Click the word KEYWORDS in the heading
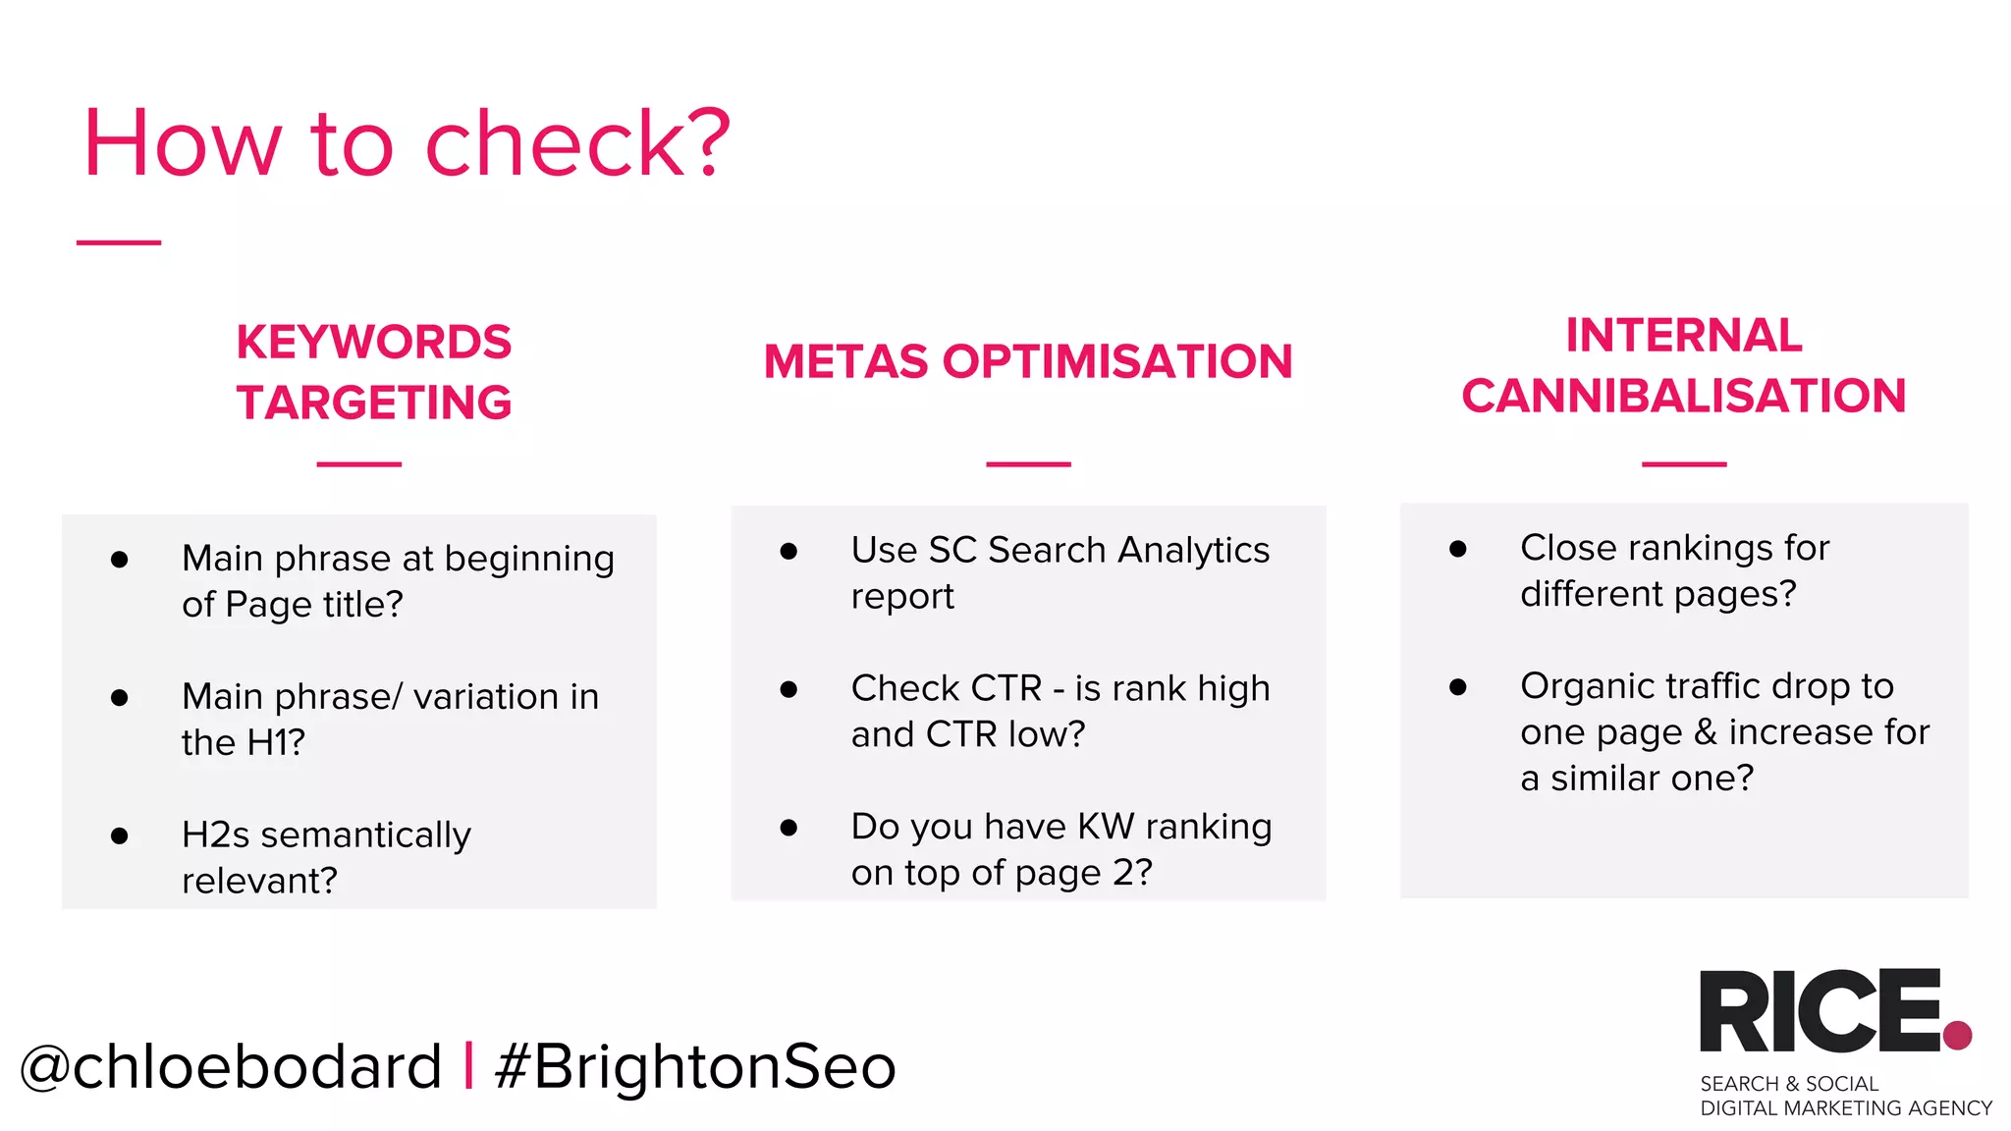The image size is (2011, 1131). click(x=373, y=343)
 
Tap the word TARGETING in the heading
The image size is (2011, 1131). click(x=373, y=403)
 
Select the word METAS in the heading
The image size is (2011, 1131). click(x=845, y=361)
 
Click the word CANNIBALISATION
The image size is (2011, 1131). click(x=1683, y=397)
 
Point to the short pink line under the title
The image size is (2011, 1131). click(x=119, y=242)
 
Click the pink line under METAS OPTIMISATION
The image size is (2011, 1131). click(x=1028, y=463)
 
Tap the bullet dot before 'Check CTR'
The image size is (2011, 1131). click(x=788, y=689)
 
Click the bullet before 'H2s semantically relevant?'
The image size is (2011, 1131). click(x=120, y=835)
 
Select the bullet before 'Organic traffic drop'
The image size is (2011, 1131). click(x=1458, y=687)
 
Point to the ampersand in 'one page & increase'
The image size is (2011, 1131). click(x=1706, y=732)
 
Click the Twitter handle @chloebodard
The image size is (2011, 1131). click(x=231, y=1066)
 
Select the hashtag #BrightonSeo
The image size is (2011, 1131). click(x=695, y=1066)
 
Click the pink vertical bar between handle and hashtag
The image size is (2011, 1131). click(x=468, y=1065)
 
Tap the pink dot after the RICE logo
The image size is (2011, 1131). click(x=1957, y=1035)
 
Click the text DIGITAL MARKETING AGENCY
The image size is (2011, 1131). click(x=1845, y=1108)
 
